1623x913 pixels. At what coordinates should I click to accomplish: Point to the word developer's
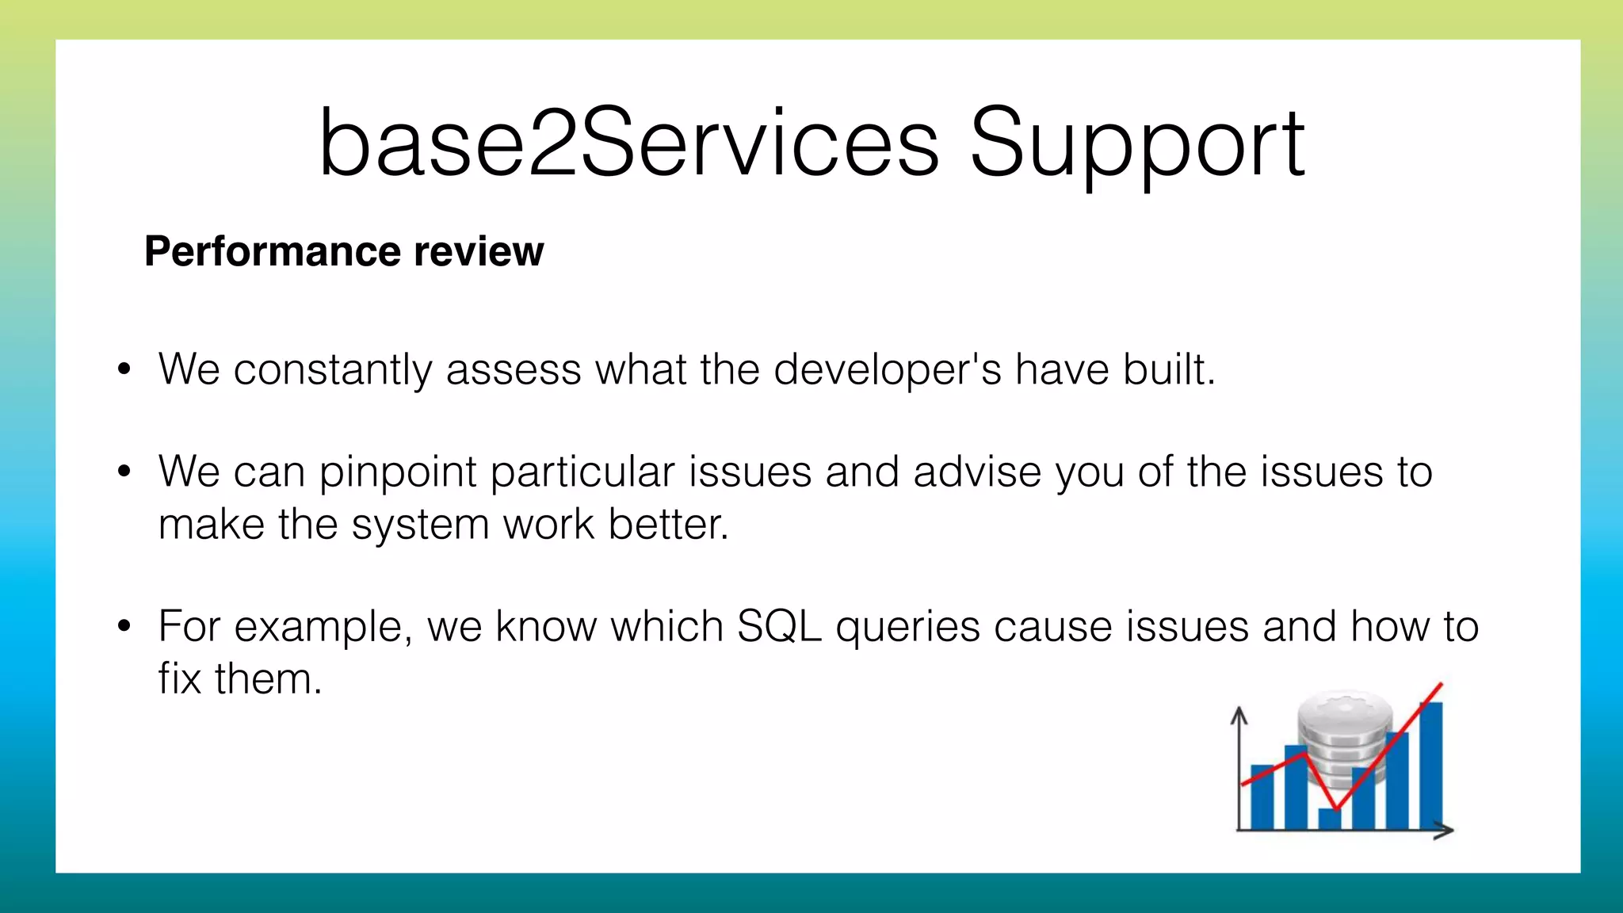[x=888, y=369]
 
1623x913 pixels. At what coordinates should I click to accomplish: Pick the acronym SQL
[x=779, y=627]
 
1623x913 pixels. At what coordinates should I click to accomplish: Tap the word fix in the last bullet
[x=178, y=679]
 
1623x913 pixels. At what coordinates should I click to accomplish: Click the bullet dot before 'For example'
[x=124, y=626]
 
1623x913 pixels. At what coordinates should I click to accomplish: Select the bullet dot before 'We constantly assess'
[x=124, y=369]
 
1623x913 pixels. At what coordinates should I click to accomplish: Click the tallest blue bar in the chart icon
[x=1430, y=765]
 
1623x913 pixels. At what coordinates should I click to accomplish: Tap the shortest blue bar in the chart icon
[x=1329, y=819]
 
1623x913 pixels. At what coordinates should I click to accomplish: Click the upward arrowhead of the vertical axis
[x=1239, y=714]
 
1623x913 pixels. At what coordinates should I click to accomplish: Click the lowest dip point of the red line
[x=1337, y=809]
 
